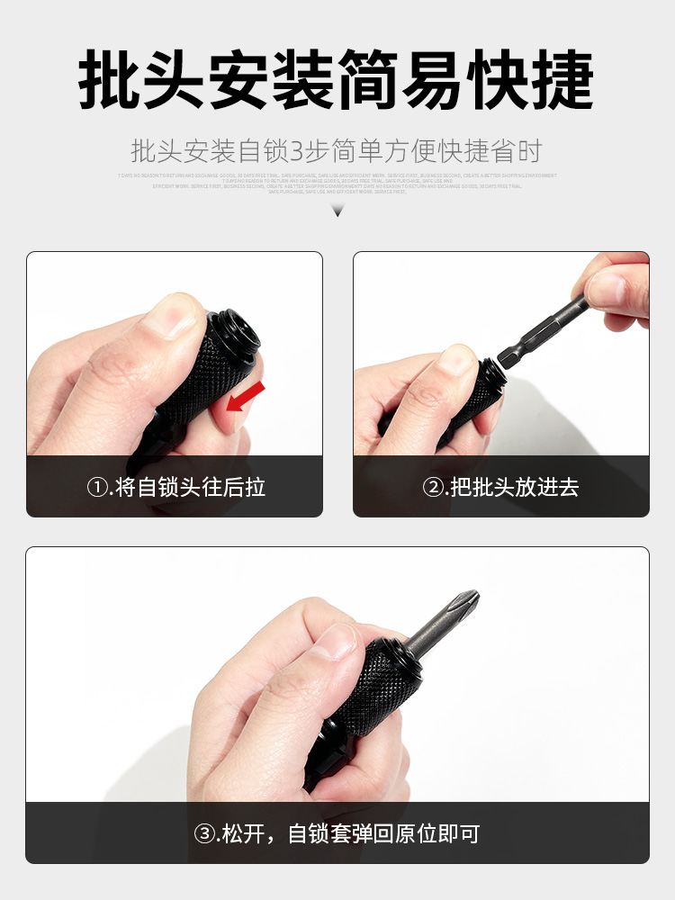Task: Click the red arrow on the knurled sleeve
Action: click(x=246, y=396)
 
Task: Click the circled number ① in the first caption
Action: click(x=97, y=488)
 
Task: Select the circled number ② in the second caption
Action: click(x=434, y=488)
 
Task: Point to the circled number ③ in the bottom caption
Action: click(x=204, y=833)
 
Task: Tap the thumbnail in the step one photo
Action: click(x=179, y=315)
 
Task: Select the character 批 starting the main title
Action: click(x=109, y=81)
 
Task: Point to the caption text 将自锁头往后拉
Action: click(x=191, y=488)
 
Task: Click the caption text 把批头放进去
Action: click(x=514, y=488)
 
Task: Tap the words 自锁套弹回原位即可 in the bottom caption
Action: click(x=383, y=833)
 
